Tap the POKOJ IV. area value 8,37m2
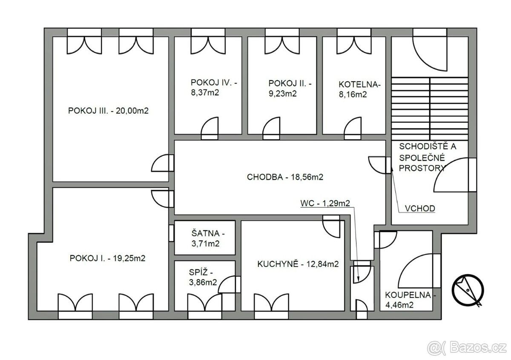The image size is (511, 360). (x=205, y=93)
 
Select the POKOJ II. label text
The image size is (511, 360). (x=290, y=83)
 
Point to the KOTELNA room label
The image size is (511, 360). (x=360, y=85)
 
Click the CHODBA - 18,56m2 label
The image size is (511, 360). (x=285, y=177)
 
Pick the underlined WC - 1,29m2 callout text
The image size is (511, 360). (x=325, y=203)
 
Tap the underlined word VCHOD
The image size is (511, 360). (x=420, y=209)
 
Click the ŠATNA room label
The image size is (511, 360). (x=208, y=233)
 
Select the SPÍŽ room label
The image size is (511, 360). (x=201, y=272)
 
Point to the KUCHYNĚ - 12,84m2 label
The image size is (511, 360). (x=298, y=264)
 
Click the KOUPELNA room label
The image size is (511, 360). (x=410, y=295)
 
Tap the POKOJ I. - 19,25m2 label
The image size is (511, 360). (x=107, y=258)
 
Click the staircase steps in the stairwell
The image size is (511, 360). (x=430, y=109)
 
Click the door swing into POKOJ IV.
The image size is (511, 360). (x=210, y=128)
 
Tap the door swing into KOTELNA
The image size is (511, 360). (x=353, y=128)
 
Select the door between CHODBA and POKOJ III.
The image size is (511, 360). (x=162, y=163)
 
